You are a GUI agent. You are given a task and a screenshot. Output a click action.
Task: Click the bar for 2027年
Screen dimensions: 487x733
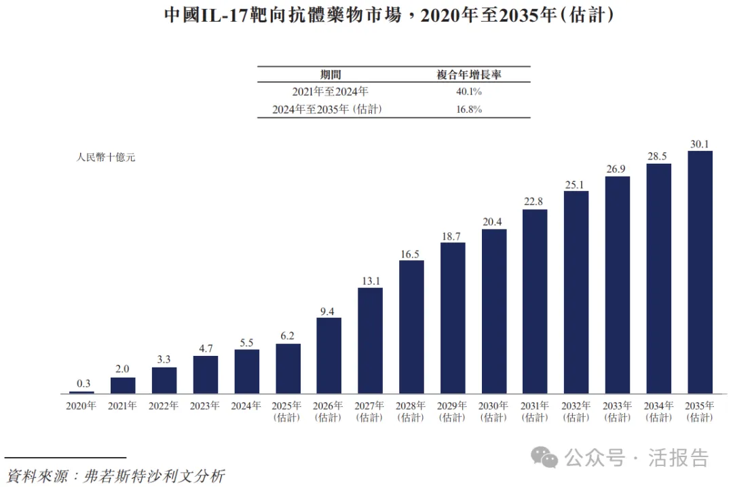(370, 340)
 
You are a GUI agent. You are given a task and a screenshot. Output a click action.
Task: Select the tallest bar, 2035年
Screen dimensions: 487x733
(700, 272)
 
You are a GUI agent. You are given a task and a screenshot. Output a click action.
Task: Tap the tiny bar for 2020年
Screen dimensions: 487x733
(81, 392)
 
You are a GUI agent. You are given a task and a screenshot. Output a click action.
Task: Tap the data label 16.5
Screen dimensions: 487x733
(411, 253)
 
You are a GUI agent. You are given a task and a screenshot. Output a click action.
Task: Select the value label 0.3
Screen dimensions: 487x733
(81, 384)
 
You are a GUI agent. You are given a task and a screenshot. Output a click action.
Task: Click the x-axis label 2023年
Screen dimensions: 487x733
(205, 406)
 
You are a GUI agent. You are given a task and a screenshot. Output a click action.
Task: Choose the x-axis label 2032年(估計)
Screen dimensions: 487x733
(576, 412)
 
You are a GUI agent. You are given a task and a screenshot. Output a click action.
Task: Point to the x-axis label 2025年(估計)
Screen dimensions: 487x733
(287, 412)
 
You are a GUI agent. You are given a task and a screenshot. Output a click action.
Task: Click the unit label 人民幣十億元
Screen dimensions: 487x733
(105, 158)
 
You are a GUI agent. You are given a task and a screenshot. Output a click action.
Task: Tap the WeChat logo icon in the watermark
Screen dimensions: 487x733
(544, 457)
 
